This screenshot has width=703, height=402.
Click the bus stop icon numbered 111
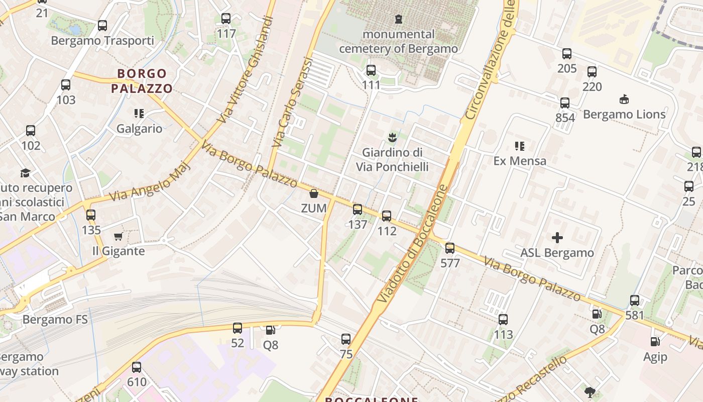371,70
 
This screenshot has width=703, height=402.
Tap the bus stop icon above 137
358,210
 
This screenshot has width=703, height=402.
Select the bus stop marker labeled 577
450,248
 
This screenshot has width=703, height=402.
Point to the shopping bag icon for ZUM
314,193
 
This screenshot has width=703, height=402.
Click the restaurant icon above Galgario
139,114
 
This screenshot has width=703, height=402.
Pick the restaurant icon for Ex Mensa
520,146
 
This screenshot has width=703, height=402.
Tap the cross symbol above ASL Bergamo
557,238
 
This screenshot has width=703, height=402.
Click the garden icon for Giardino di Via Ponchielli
392,137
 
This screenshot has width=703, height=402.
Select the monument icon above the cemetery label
399,19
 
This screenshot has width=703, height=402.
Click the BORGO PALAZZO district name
142,81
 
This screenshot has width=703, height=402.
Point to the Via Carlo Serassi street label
292,103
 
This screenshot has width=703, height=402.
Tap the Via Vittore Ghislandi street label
246,70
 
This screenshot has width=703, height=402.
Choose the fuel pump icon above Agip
655,342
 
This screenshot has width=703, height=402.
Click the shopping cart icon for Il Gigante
119,236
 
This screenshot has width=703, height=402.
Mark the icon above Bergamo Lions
624,99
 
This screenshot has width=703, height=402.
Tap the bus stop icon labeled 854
565,103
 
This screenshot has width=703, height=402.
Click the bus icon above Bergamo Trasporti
102,25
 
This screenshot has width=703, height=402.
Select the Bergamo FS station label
55,319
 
